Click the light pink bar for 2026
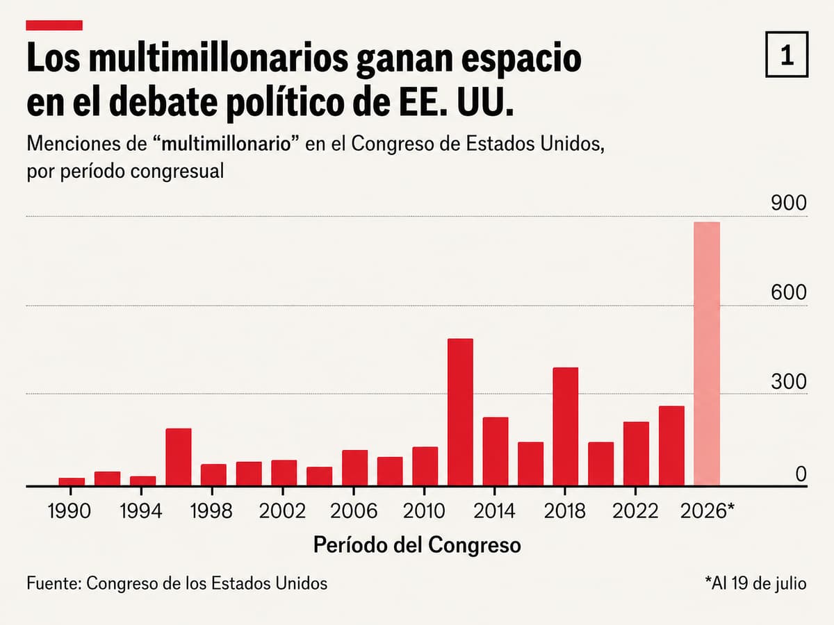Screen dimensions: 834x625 [707, 353]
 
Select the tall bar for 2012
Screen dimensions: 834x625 [461, 412]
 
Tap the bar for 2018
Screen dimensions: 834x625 [565, 426]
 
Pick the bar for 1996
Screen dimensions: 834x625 [179, 457]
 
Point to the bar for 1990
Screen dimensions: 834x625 [72, 481]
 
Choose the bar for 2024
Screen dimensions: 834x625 [672, 446]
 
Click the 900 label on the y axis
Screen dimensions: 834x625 [789, 203]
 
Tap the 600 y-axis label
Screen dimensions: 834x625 [789, 292]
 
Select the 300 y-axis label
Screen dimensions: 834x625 [789, 381]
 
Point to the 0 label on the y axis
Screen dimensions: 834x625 [801, 474]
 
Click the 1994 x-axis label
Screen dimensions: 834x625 [141, 511]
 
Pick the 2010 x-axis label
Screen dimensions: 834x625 [424, 511]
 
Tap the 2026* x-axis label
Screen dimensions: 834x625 [708, 511]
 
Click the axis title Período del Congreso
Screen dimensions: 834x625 [417, 545]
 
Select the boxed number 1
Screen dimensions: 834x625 [787, 54]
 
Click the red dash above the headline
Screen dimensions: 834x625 [54, 25]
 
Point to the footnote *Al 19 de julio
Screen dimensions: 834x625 [755, 583]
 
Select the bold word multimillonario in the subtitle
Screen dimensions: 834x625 [226, 144]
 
